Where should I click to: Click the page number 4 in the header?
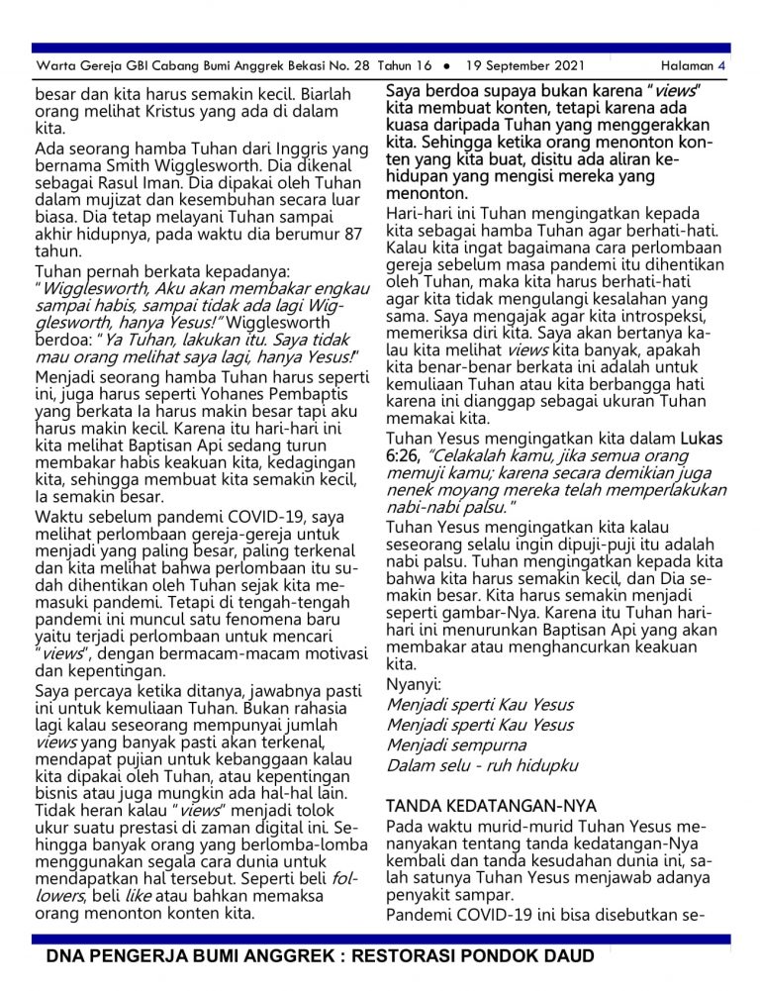click(722, 66)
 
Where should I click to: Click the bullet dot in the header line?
click(446, 66)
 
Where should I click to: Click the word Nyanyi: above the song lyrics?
click(414, 684)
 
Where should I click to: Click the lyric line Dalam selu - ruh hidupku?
click(482, 765)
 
